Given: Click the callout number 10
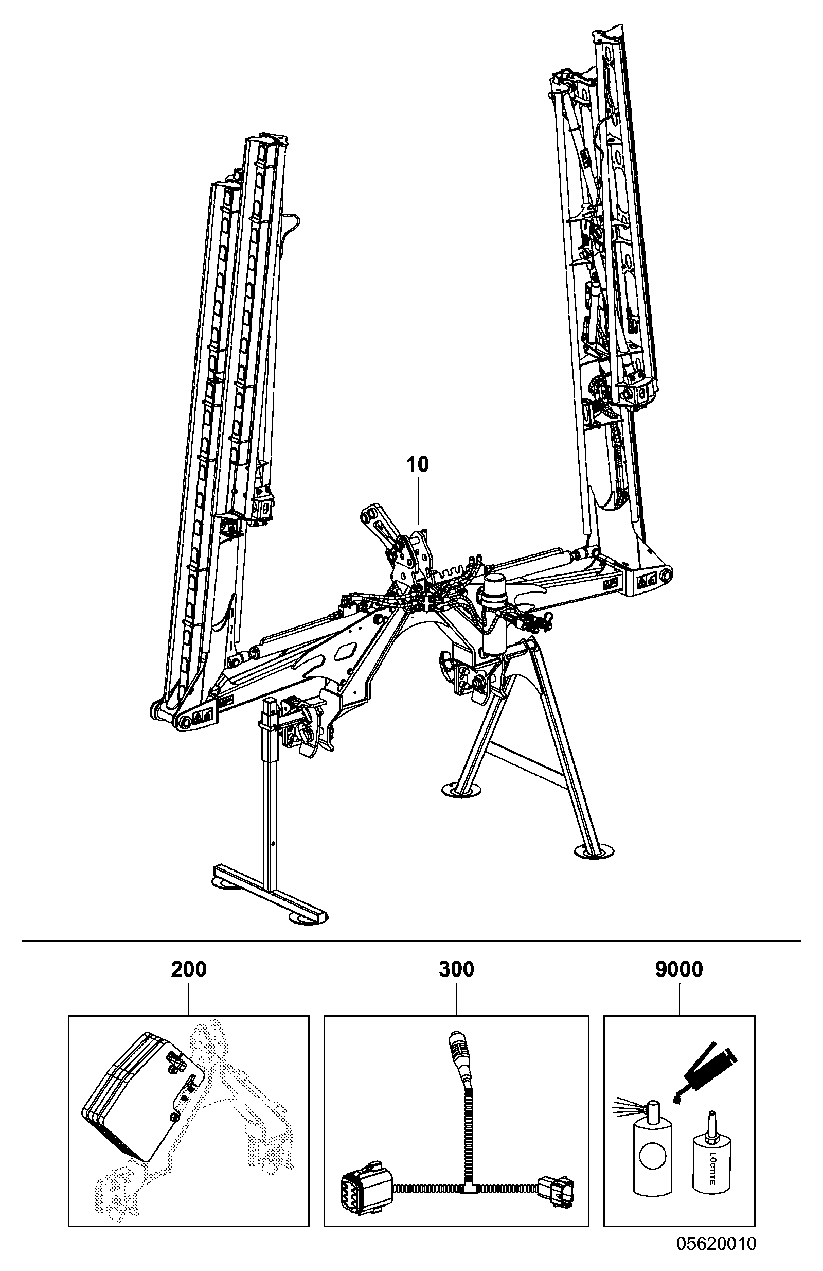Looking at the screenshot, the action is pyautogui.click(x=417, y=465).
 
